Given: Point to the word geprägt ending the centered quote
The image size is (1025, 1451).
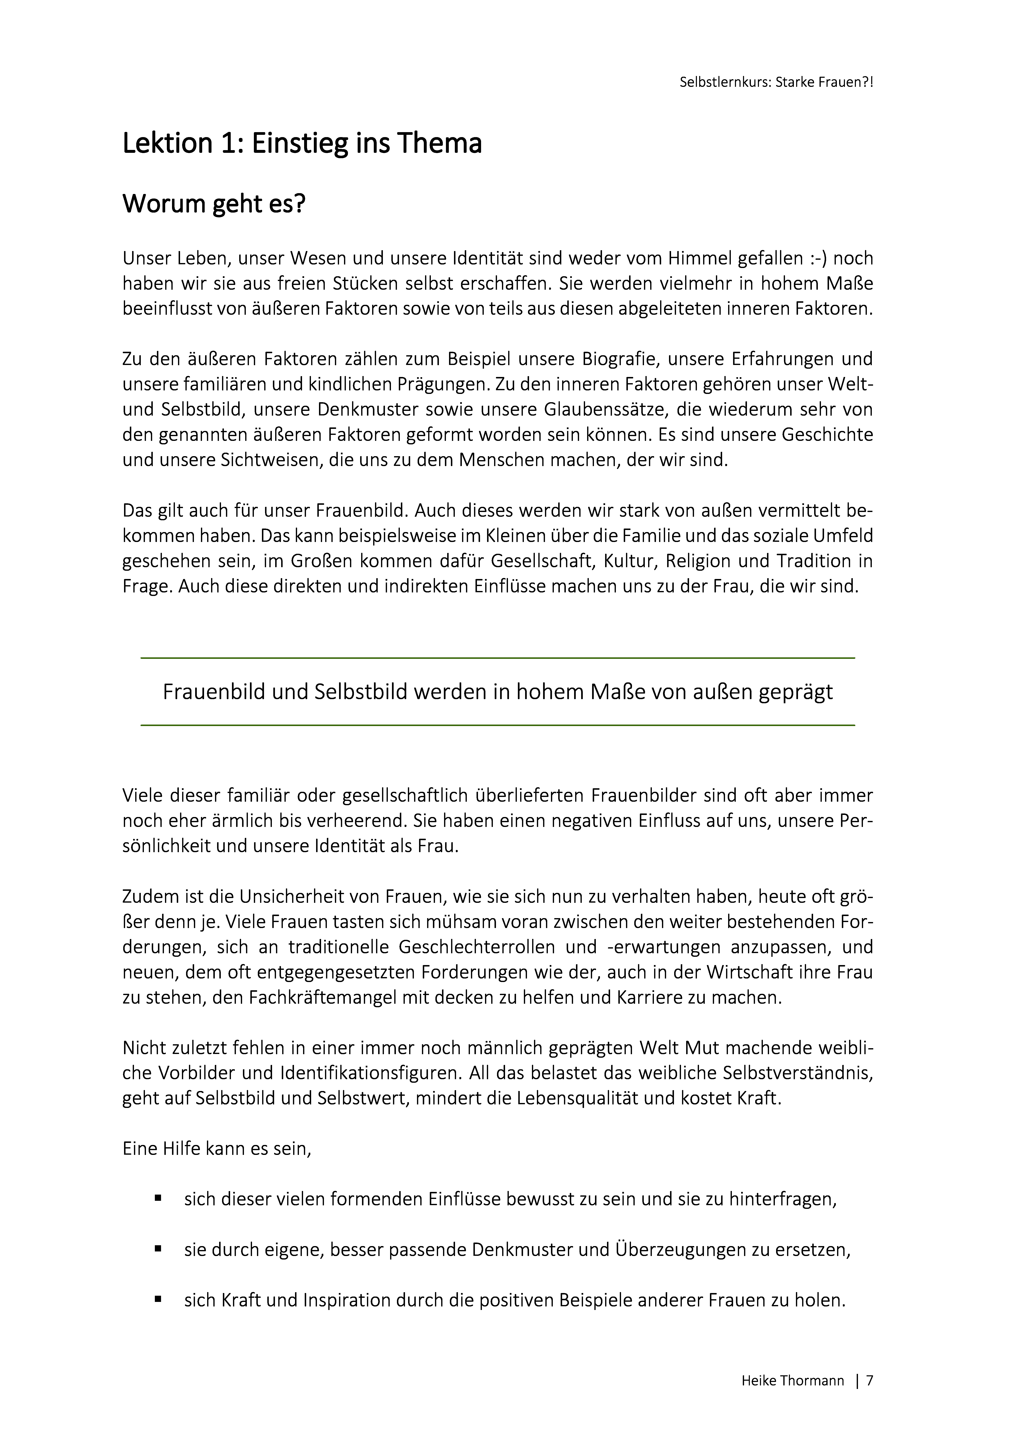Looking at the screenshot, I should (x=796, y=692).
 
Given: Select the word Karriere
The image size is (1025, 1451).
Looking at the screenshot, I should (x=658, y=998).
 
